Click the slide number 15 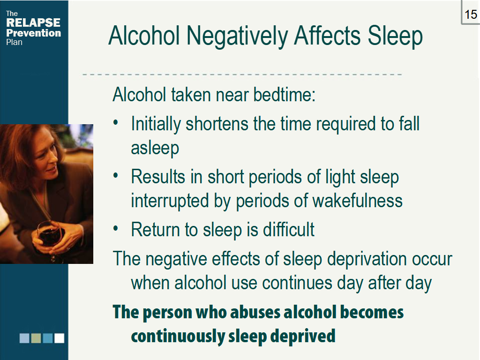pyautogui.click(x=471, y=15)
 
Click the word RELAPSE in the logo pyautogui.click(x=33, y=22)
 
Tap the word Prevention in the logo pyautogui.click(x=34, y=33)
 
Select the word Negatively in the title pyautogui.click(x=234, y=36)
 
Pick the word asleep pyautogui.click(x=155, y=148)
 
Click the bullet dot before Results pyautogui.click(x=116, y=176)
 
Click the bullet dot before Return pyautogui.click(x=116, y=229)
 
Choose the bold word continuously pyautogui.click(x=177, y=336)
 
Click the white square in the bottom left pyautogui.click(x=59, y=338)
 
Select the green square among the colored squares pyautogui.click(x=36, y=338)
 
